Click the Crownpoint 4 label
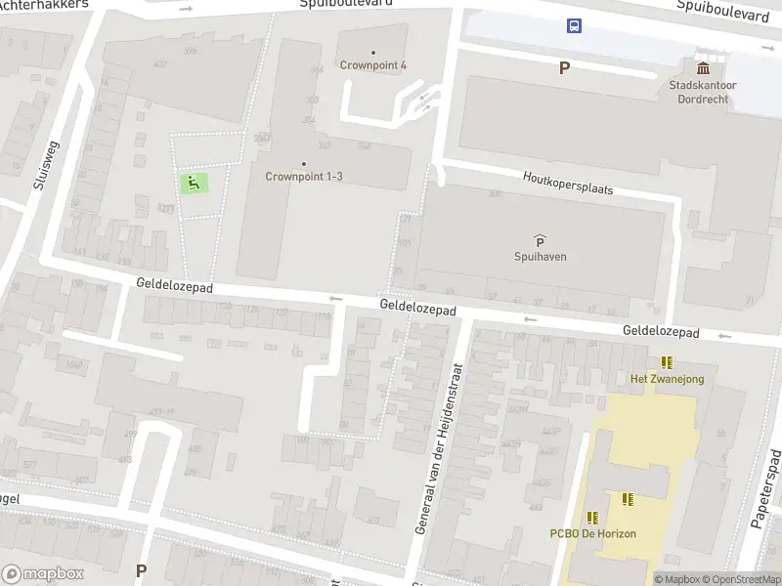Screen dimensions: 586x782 373,65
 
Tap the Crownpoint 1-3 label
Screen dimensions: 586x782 304,177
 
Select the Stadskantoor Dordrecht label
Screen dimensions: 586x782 703,91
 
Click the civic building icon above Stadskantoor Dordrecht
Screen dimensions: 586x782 703,67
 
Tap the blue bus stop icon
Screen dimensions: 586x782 574,26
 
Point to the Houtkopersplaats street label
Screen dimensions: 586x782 568,183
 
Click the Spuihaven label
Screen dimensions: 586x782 541,257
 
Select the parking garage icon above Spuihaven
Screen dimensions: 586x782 541,240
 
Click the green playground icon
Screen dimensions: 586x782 194,182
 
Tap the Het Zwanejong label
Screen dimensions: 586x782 667,379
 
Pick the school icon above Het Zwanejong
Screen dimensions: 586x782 667,362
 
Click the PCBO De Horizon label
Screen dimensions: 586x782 592,533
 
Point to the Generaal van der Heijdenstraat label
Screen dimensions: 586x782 437,448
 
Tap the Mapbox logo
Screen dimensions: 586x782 42,574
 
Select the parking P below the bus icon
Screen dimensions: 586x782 564,67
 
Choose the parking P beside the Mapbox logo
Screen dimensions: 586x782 141,570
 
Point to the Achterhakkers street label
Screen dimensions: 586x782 44,5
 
